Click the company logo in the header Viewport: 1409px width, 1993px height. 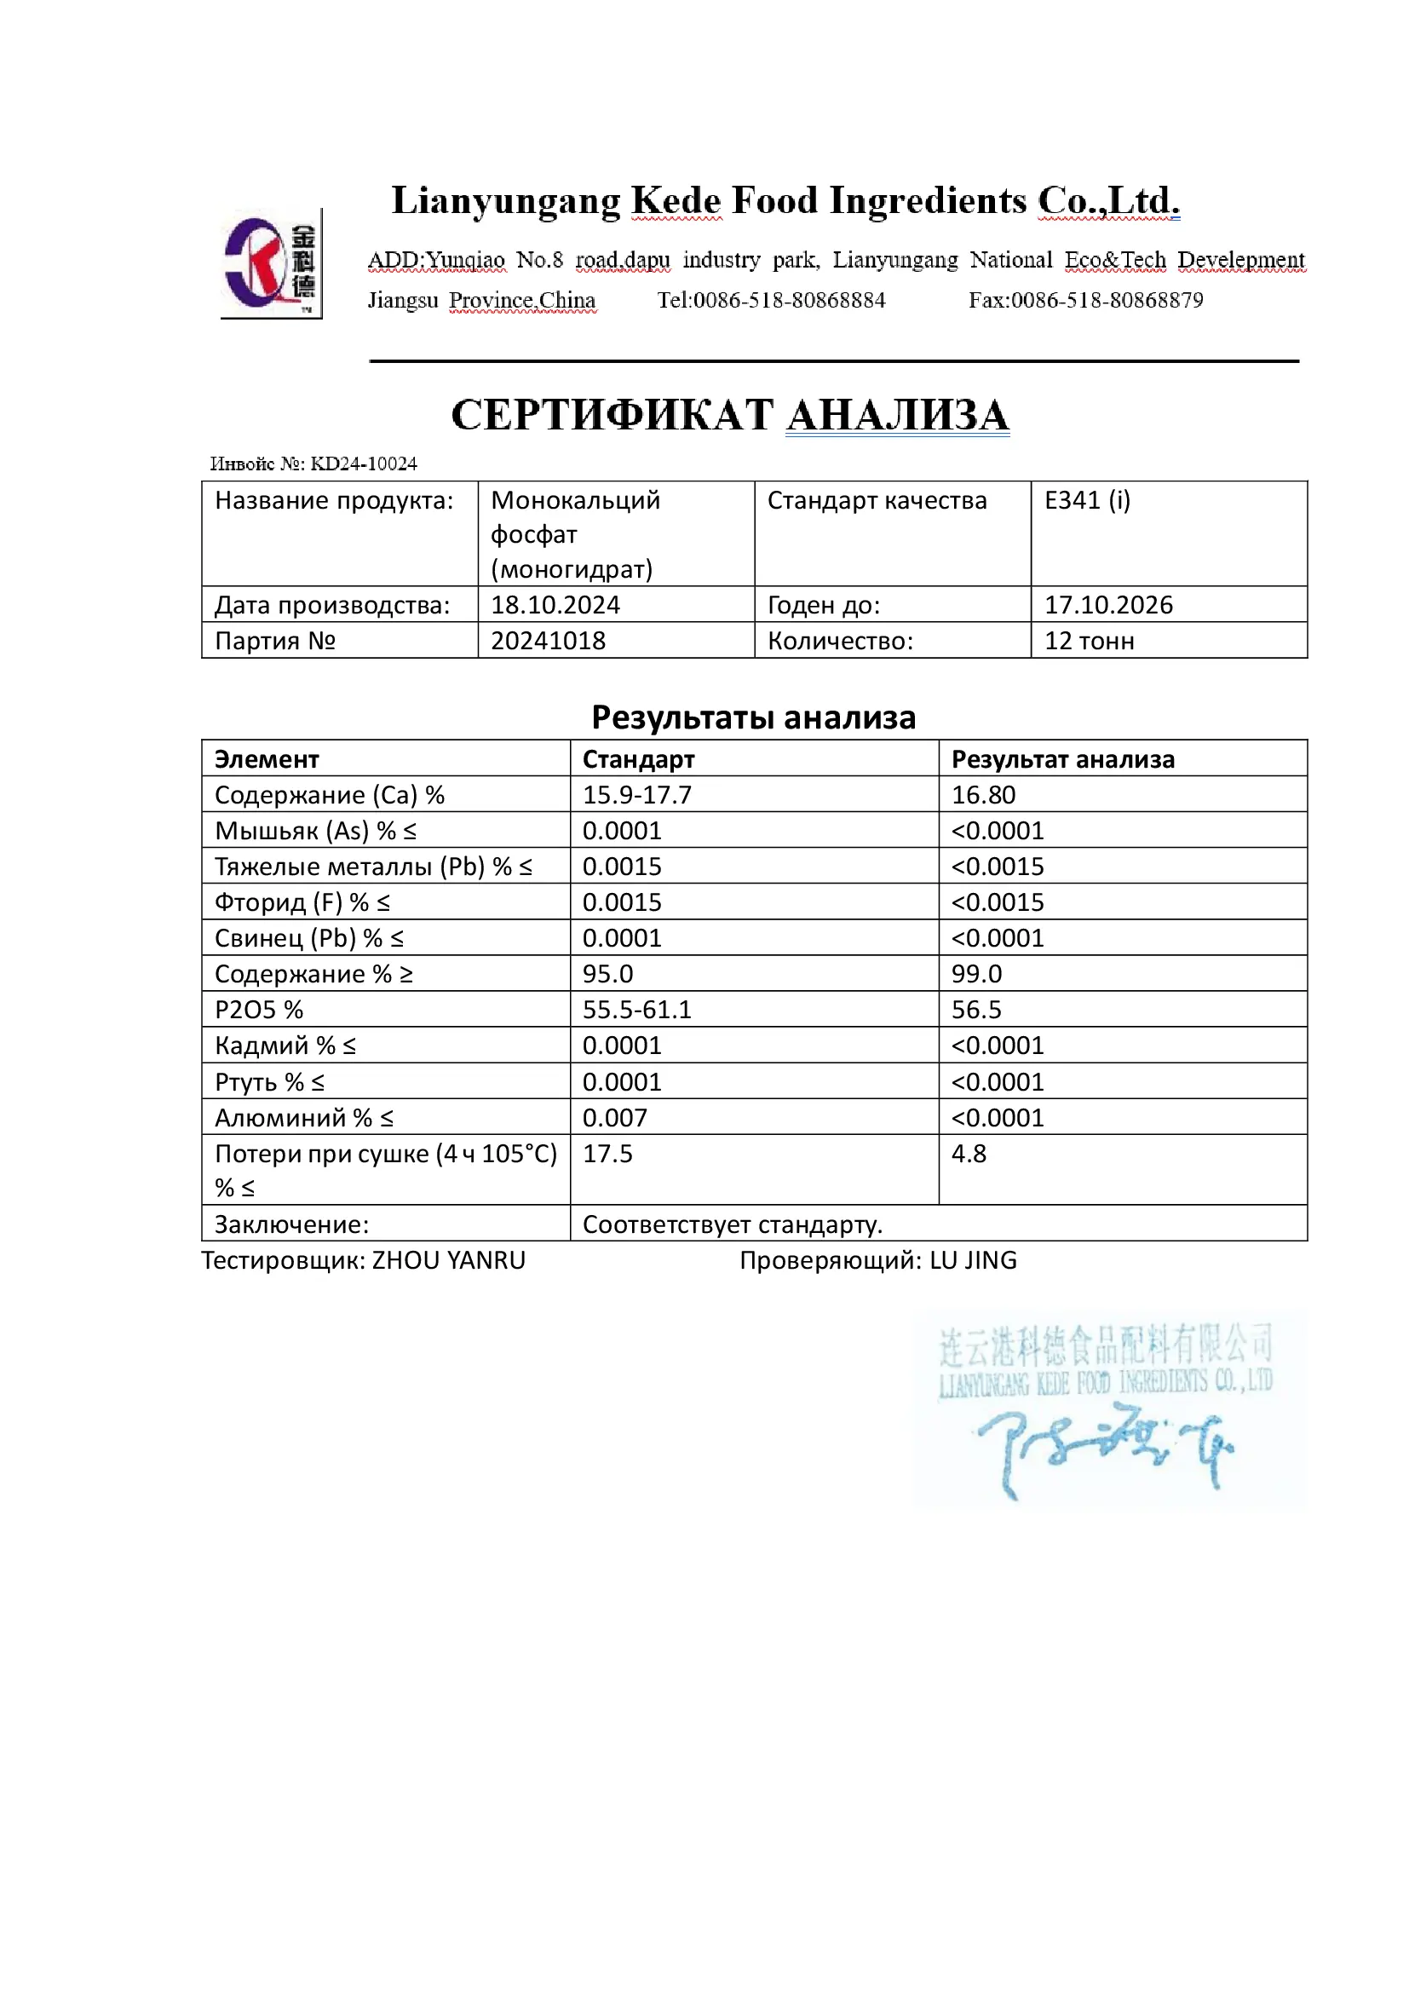coord(270,264)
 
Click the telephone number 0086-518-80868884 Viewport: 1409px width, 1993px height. coord(789,300)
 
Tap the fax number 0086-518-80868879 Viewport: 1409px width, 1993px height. coord(1107,300)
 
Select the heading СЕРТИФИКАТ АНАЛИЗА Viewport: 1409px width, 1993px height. coord(730,415)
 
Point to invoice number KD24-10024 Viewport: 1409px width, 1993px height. coord(364,464)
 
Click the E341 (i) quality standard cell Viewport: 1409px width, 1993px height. coord(1087,501)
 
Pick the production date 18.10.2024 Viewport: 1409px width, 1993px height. coord(555,605)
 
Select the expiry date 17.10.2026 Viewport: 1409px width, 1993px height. coord(1108,605)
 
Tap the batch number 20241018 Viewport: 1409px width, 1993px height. coord(549,641)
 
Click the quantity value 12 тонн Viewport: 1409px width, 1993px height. coord(1089,641)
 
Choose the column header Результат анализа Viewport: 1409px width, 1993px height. coord(1063,759)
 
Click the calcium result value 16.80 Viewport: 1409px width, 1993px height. coord(983,795)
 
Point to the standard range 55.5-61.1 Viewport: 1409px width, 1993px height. coord(637,1010)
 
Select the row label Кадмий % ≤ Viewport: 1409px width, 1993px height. coord(285,1046)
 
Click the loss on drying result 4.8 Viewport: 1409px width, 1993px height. coord(969,1154)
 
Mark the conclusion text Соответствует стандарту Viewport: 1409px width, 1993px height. coord(733,1224)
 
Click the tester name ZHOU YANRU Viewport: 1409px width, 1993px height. coord(449,1260)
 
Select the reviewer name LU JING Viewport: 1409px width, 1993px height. coord(973,1260)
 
